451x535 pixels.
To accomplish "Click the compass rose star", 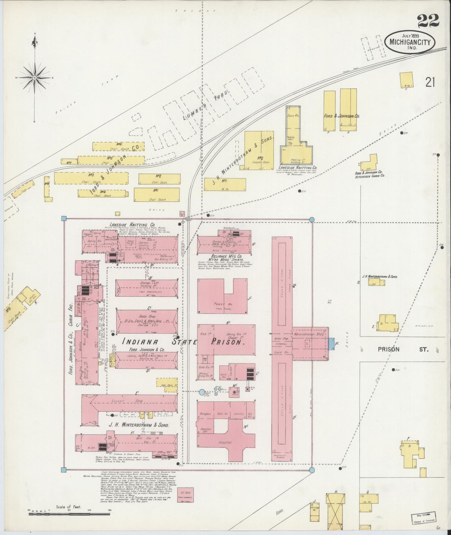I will coord(34,77).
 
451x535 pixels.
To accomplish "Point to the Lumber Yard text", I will coord(206,105).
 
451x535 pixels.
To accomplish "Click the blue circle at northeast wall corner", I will coord(311,220).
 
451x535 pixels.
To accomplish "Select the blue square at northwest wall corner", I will coord(65,218).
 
